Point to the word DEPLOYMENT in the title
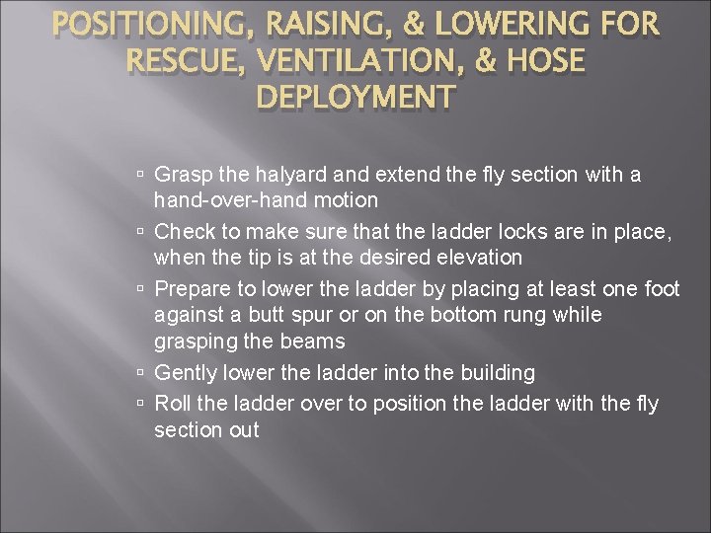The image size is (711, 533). click(x=355, y=99)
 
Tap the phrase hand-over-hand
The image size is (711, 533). click(x=231, y=200)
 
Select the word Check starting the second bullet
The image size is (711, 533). click(x=182, y=232)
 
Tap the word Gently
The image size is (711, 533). click(x=184, y=373)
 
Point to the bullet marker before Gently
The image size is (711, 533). click(x=142, y=373)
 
